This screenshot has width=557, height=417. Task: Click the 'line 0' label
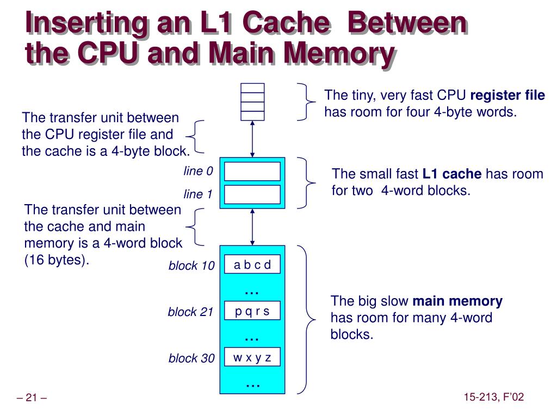(x=198, y=172)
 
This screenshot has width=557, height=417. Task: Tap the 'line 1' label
(x=198, y=194)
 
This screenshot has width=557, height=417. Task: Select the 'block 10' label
(x=191, y=266)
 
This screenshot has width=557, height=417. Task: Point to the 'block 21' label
(x=190, y=312)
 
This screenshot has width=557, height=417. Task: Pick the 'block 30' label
(x=191, y=358)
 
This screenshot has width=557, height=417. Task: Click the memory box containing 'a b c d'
(x=252, y=266)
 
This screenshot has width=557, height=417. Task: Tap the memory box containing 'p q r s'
(x=252, y=312)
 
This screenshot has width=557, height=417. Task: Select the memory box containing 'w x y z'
(x=252, y=358)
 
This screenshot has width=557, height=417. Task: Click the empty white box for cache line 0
(x=252, y=172)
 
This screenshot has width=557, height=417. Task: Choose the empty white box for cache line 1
(x=252, y=194)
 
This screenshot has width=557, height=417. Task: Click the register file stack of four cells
(x=252, y=102)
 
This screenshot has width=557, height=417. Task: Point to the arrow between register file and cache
(x=252, y=139)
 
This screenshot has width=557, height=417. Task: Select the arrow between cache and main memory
(x=252, y=227)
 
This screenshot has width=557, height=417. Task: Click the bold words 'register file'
(x=507, y=96)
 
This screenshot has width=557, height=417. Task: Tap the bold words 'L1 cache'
(x=452, y=174)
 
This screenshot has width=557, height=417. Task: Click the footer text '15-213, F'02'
(x=494, y=397)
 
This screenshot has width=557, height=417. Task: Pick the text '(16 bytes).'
(x=57, y=260)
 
